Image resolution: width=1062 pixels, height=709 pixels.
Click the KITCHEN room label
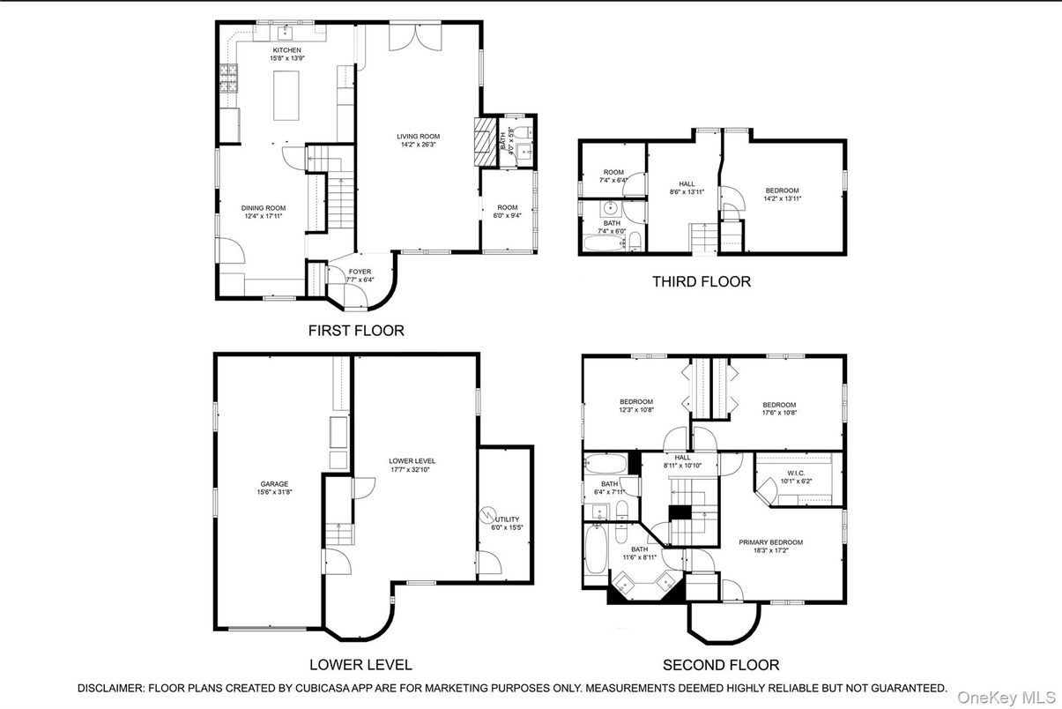coord(286,50)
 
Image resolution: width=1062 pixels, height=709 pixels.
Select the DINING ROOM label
coord(264,208)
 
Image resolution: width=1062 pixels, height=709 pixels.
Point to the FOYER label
coord(360,272)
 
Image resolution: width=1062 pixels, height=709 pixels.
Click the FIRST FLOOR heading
coord(356,331)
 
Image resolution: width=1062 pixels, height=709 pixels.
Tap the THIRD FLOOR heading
coord(702,282)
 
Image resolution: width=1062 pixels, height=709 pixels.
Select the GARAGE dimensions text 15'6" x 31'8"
coord(274,492)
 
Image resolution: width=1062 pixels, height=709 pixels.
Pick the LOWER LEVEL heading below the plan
coord(360,665)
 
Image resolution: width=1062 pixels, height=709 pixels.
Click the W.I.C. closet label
coord(788,473)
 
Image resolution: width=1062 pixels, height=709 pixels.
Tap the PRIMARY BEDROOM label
coord(770,542)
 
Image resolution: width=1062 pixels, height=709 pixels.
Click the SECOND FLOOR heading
coord(721,665)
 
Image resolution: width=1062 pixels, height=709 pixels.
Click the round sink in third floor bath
coord(610,208)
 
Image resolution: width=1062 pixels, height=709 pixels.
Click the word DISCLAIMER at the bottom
coord(110,688)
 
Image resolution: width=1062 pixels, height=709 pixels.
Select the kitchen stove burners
coord(228,80)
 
